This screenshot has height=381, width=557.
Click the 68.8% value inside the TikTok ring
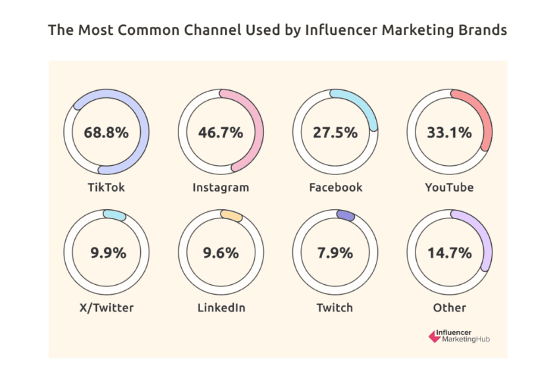click(x=106, y=132)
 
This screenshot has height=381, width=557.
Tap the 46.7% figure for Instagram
click(x=221, y=132)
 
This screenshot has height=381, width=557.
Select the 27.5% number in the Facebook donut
click(x=335, y=132)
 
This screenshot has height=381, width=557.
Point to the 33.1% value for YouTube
click(x=450, y=132)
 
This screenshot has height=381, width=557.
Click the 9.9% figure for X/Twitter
click(x=108, y=253)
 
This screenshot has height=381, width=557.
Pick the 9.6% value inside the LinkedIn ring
click(x=221, y=253)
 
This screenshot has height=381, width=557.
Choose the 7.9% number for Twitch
click(x=335, y=253)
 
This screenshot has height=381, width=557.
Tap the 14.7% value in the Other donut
click(x=450, y=253)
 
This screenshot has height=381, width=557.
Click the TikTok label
click(x=106, y=188)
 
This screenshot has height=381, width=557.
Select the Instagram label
click(x=221, y=188)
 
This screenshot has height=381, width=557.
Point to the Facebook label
click(x=335, y=188)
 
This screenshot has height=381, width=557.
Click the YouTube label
click(x=450, y=188)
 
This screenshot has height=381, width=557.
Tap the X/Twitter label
click(x=106, y=308)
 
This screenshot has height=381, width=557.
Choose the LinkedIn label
click(x=221, y=308)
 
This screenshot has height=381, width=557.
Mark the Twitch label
click(x=335, y=308)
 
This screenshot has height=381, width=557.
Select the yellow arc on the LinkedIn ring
click(x=231, y=215)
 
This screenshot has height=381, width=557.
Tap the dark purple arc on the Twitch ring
click(x=345, y=215)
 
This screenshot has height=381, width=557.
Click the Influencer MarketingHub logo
click(x=459, y=336)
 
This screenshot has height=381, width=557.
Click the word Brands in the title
click(x=485, y=30)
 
